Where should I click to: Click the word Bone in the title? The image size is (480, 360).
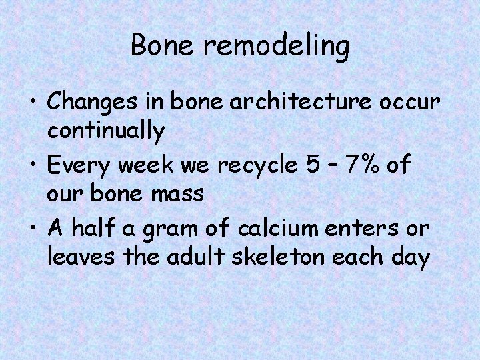pos(157,45)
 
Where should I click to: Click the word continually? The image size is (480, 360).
pos(106,131)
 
